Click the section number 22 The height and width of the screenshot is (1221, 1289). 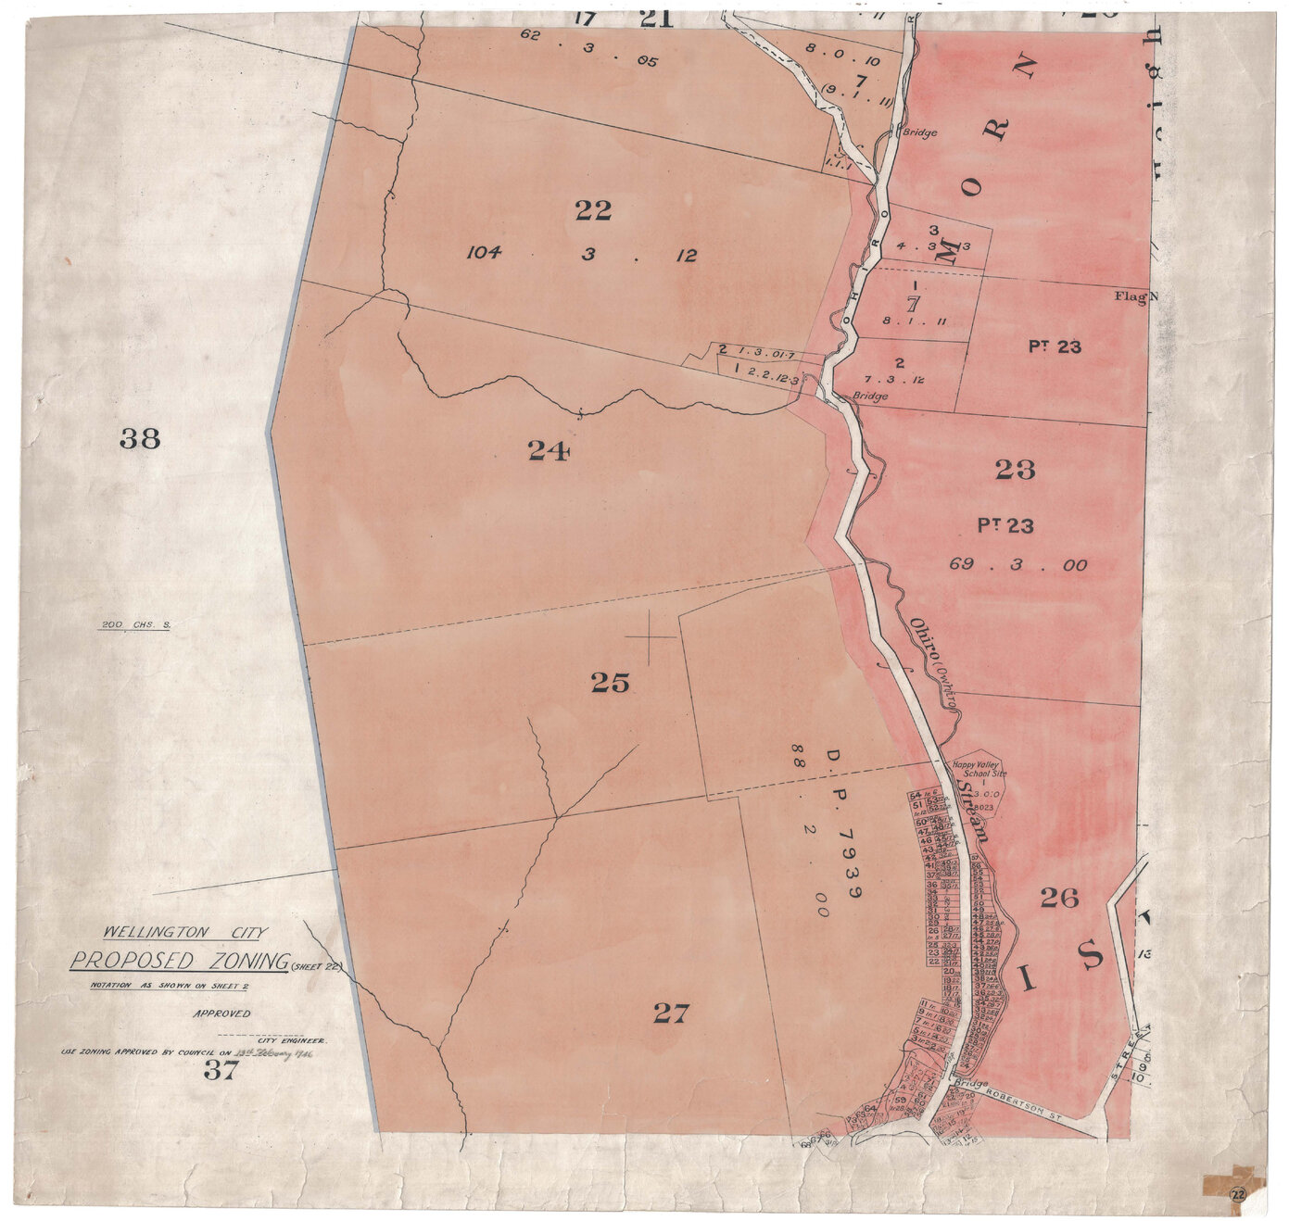[593, 211]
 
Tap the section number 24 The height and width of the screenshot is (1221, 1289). [548, 450]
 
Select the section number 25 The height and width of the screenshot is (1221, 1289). [610, 683]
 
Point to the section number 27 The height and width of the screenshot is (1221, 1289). [671, 1013]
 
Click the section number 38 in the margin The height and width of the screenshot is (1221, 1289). [140, 438]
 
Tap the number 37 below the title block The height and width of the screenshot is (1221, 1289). [221, 1071]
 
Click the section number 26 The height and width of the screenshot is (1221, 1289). [1059, 897]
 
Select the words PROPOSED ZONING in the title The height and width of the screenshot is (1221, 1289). [180, 961]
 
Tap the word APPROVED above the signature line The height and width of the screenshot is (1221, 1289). [221, 1013]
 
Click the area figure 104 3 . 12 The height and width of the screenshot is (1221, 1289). [581, 255]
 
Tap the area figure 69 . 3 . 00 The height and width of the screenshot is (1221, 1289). [1017, 564]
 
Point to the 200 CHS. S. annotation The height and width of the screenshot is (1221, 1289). [135, 625]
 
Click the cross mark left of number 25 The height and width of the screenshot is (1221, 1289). [650, 637]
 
